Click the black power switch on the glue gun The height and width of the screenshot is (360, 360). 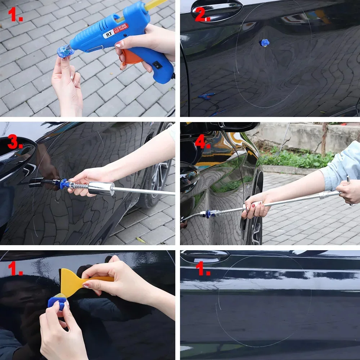click(x=157, y=65)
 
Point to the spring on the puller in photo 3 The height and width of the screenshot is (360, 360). click(x=83, y=186)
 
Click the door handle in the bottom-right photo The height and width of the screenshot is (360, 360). click(x=205, y=256)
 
